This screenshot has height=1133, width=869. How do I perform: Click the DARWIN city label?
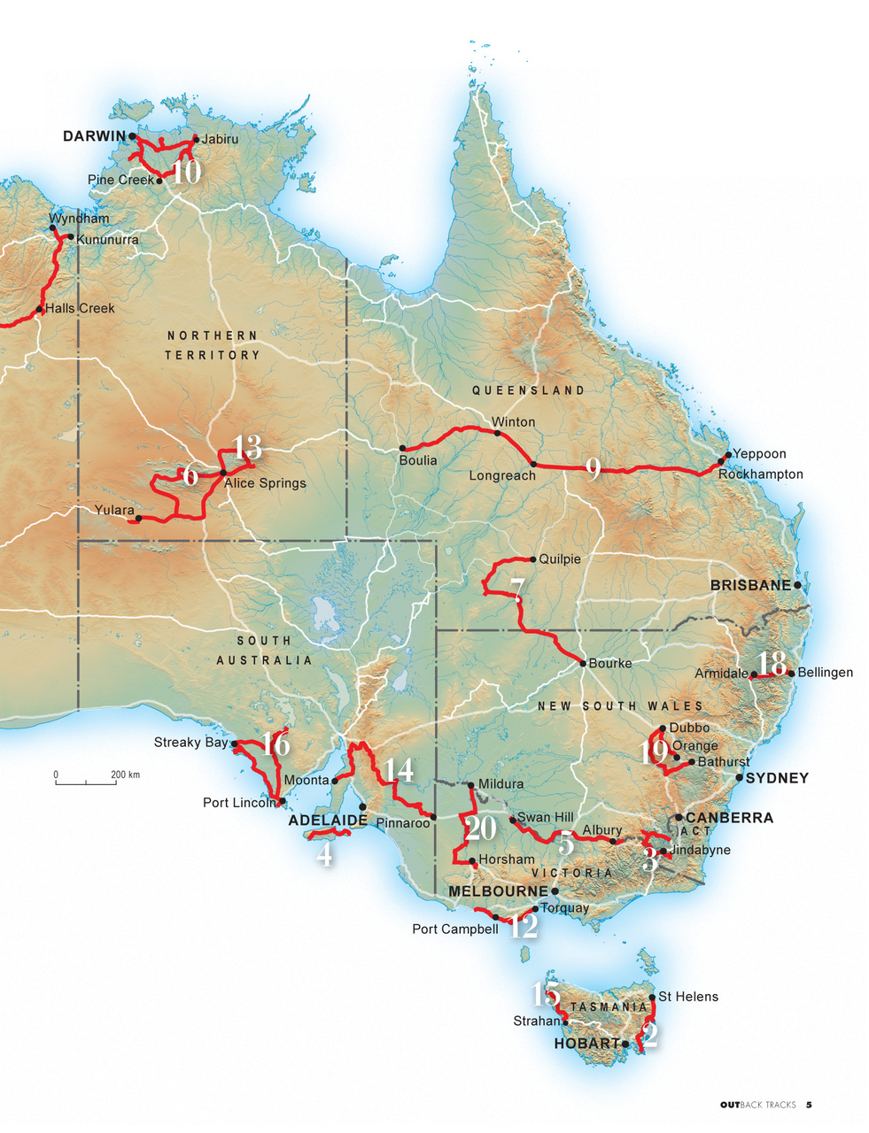(94, 136)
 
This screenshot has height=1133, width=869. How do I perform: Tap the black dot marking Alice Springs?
(222, 473)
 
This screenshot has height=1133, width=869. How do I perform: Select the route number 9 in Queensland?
(594, 468)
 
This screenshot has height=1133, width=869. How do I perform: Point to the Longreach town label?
(501, 475)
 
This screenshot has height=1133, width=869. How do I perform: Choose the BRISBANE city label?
(750, 585)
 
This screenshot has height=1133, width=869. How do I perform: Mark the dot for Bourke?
(582, 662)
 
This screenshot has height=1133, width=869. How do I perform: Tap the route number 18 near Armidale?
(772, 664)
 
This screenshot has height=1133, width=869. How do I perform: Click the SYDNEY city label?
(777, 778)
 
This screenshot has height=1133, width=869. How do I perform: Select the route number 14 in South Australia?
(400, 770)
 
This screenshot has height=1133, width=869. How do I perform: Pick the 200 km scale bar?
(85, 782)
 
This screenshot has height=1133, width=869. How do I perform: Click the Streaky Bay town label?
(190, 742)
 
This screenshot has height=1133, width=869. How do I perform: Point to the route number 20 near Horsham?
(480, 829)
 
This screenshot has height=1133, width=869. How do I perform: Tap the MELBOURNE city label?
(499, 890)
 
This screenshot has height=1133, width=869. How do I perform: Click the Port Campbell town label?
(454, 929)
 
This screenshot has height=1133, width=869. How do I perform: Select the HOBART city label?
(586, 1044)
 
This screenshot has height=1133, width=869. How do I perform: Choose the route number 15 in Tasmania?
(544, 994)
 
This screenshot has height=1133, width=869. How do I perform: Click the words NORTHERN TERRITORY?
(213, 345)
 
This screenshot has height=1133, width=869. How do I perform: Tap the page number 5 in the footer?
(809, 1105)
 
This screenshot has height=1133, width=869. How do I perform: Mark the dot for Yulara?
(137, 519)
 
